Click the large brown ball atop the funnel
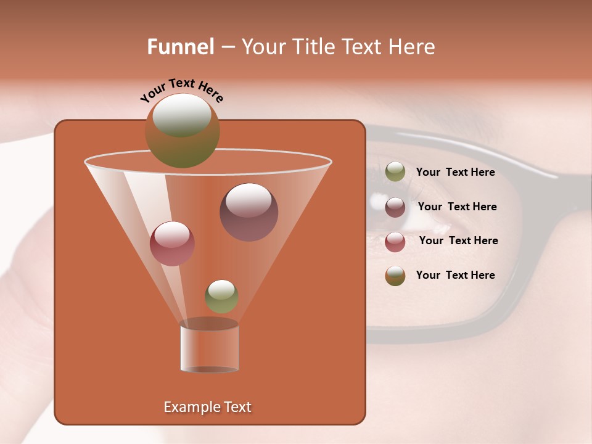[x=183, y=130]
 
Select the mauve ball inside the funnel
[x=249, y=212]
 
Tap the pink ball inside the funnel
[x=172, y=244]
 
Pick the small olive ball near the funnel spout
[x=221, y=296]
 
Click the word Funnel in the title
[x=180, y=47]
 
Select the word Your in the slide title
[x=263, y=47]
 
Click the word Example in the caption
[x=191, y=407]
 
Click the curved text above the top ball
[x=182, y=89]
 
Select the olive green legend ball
[x=395, y=172]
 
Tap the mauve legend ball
[x=395, y=207]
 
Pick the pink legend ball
[x=395, y=241]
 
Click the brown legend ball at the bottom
[x=395, y=276]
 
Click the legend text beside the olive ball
[x=455, y=172]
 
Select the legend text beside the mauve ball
[x=457, y=207]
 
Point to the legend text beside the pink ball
[x=458, y=240]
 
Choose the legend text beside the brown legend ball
[x=455, y=275]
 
